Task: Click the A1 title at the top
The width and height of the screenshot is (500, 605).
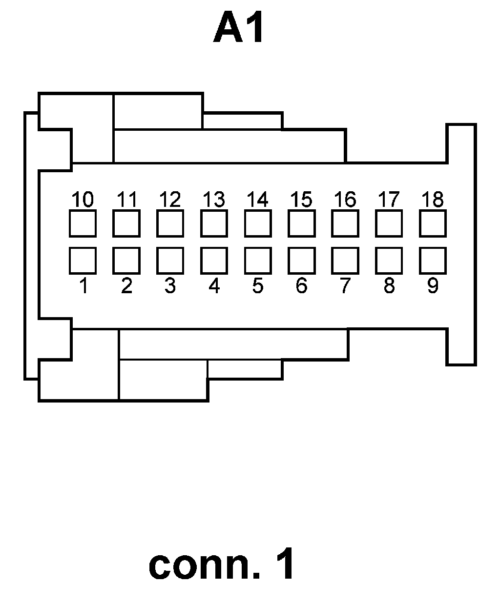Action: pos(239,28)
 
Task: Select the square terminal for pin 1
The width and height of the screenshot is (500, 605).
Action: pos(83,261)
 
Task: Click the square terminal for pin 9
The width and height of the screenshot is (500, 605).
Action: pos(433,261)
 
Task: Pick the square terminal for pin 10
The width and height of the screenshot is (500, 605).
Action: pos(83,223)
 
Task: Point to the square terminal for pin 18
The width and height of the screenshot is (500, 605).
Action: pos(433,223)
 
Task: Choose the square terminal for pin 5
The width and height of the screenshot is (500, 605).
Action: pos(258,261)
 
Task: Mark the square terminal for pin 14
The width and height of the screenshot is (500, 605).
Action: pos(258,223)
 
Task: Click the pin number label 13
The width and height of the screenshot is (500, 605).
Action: pos(214,200)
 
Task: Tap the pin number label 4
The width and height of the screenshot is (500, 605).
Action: pos(214,286)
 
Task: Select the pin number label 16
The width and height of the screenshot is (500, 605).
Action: pos(345,200)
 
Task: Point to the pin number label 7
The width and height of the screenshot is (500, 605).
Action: pos(345,286)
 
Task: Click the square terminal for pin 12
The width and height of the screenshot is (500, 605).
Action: pos(170,223)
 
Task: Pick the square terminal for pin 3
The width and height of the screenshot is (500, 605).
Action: pos(170,261)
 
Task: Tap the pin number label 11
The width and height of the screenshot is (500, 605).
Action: pos(126,200)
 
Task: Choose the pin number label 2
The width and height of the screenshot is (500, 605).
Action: pos(126,286)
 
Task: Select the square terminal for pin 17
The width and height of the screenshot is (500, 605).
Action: pos(389,223)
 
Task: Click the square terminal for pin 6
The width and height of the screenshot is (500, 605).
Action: pos(301,261)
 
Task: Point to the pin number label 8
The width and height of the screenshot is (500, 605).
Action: pos(389,286)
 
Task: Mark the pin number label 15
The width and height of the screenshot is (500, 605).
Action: pos(301,200)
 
